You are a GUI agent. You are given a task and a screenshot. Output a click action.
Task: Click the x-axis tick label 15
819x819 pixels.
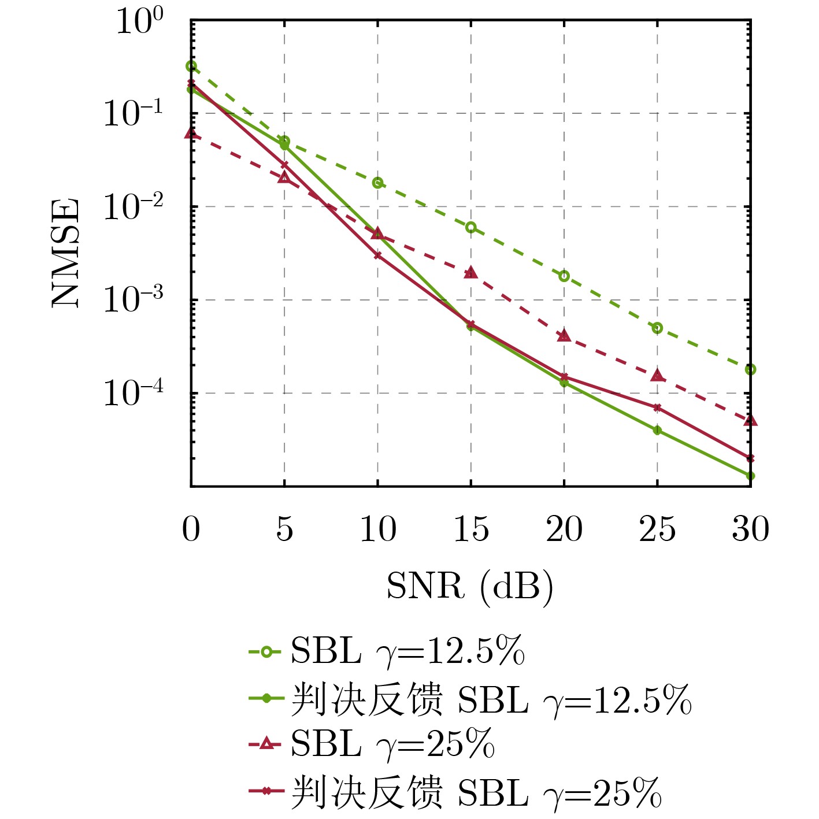(471, 529)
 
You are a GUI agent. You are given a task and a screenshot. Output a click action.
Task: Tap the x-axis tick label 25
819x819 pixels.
(657, 529)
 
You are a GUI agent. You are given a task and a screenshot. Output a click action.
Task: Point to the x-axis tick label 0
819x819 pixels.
(191, 529)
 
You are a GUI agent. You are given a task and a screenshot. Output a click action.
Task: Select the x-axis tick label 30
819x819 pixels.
(750, 529)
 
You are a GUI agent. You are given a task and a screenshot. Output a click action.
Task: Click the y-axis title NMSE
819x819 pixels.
(65, 253)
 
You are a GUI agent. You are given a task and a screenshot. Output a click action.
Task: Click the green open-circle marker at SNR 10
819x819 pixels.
(377, 183)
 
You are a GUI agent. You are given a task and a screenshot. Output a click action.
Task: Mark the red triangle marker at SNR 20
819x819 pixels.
(564, 335)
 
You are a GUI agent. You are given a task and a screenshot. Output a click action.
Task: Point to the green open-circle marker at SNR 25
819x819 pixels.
(657, 328)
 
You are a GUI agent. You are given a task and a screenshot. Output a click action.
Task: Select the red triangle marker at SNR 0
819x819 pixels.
(191, 134)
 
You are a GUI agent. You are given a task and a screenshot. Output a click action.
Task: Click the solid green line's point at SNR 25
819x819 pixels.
(657, 430)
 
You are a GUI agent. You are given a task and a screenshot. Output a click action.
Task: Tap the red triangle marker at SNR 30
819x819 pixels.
(750, 420)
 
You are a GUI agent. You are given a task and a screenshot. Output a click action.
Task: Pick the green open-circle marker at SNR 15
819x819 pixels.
(471, 227)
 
